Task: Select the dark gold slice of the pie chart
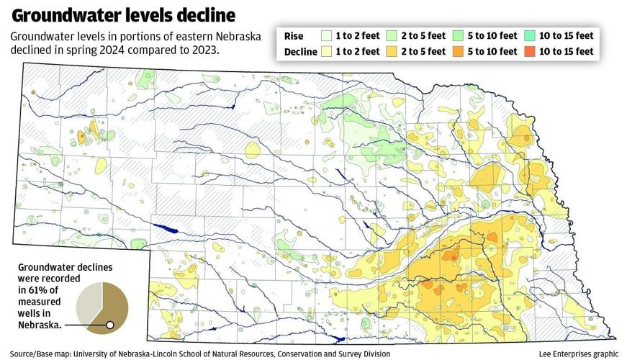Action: tap(114, 306)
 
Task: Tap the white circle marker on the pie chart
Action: tap(109, 325)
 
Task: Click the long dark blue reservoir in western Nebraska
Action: tap(168, 230)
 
